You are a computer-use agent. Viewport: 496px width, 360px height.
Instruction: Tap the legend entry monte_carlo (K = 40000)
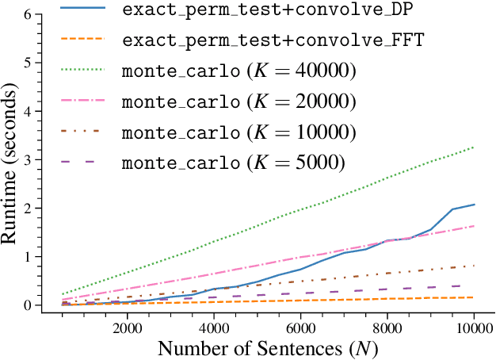(x=238, y=71)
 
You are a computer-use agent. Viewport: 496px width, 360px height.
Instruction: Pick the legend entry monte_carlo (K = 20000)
(x=238, y=101)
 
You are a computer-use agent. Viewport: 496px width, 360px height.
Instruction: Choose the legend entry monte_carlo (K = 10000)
(x=238, y=132)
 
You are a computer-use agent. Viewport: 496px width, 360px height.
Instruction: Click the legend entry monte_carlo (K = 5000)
(x=234, y=163)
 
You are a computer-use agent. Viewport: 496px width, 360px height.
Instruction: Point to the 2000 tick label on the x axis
(x=127, y=327)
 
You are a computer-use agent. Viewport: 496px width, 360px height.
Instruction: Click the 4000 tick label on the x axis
(x=214, y=327)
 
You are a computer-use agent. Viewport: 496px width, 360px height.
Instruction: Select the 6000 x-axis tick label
(x=300, y=327)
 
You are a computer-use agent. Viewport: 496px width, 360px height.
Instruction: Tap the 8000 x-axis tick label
(x=387, y=327)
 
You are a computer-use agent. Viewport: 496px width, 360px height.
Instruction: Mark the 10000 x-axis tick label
(x=474, y=327)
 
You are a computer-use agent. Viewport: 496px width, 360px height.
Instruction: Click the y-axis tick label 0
(x=29, y=305)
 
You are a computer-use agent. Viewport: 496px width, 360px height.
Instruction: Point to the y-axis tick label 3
(x=29, y=160)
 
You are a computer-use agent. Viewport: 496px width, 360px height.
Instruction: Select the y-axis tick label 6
(x=29, y=14)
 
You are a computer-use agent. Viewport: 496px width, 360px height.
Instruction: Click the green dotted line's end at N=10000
(x=475, y=147)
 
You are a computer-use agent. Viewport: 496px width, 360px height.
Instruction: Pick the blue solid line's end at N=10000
(x=475, y=205)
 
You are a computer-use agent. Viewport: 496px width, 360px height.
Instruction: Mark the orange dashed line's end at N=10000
(x=475, y=297)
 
